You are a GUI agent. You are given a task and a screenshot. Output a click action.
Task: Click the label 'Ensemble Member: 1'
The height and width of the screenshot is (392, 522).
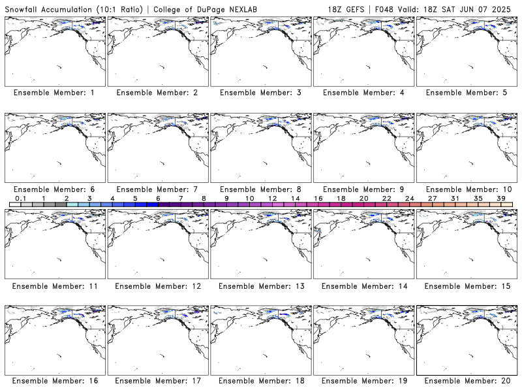[x=54, y=93]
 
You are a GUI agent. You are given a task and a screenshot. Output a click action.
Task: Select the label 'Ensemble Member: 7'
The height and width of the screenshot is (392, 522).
[x=157, y=189]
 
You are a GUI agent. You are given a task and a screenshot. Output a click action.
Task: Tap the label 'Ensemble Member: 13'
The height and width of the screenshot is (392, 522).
[x=262, y=286]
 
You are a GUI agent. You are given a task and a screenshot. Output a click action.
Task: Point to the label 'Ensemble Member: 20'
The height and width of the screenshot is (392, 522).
[x=467, y=381]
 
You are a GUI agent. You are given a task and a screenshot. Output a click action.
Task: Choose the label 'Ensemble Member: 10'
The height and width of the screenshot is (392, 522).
[x=468, y=189]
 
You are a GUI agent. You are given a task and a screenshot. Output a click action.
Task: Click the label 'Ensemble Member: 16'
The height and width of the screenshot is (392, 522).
[x=55, y=381]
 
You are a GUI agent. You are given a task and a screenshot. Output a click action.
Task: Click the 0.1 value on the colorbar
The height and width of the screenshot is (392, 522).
[x=21, y=199]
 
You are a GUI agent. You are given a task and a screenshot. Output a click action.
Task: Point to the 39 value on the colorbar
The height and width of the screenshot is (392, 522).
[x=501, y=199]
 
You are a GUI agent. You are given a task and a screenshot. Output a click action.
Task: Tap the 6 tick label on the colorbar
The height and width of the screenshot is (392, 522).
[x=158, y=199]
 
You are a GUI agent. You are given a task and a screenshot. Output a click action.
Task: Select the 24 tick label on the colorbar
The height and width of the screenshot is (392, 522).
[x=410, y=199]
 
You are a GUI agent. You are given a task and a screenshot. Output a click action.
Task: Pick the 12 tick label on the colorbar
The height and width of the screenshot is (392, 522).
[x=272, y=199]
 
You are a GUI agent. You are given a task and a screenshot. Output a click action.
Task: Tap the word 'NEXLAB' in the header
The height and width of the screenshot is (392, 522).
[x=243, y=9]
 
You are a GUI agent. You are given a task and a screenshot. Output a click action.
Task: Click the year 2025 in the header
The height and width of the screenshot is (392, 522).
[x=501, y=9]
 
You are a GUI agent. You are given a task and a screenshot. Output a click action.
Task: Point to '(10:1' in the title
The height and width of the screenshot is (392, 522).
[x=106, y=9]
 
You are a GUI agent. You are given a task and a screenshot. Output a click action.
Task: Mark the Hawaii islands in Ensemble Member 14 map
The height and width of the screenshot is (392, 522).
[x=367, y=259]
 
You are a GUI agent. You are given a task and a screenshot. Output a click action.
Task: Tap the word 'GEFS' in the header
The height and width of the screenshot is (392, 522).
[x=355, y=9]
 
